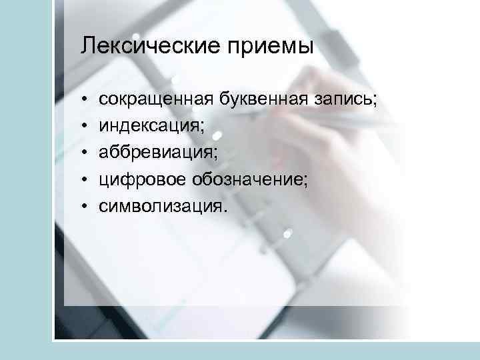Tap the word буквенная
tap(261, 100)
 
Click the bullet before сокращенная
tap(86, 101)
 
